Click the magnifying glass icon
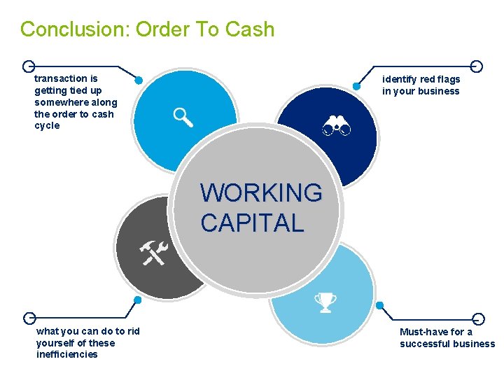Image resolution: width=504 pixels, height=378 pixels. (x=183, y=118)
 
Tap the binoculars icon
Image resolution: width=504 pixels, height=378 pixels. (x=336, y=127)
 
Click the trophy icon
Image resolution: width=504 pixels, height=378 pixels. (x=325, y=302)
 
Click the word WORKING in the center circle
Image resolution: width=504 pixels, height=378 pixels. (x=261, y=192)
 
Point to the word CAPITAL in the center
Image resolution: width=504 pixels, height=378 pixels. (x=252, y=223)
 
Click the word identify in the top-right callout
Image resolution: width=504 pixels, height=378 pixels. (x=399, y=79)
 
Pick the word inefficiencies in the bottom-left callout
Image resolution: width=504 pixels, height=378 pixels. (x=66, y=354)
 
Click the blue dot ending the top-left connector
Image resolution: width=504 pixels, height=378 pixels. (x=139, y=80)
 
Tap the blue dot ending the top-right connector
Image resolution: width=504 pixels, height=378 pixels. (x=356, y=86)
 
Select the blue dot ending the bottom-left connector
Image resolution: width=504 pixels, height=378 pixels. (x=137, y=300)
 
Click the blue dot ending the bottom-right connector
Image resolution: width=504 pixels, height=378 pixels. (x=380, y=305)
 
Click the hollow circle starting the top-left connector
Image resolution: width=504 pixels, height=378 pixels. (x=28, y=66)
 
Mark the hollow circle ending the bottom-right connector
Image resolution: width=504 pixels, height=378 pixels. (x=478, y=318)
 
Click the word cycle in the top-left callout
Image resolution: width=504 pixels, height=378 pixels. (x=47, y=126)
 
